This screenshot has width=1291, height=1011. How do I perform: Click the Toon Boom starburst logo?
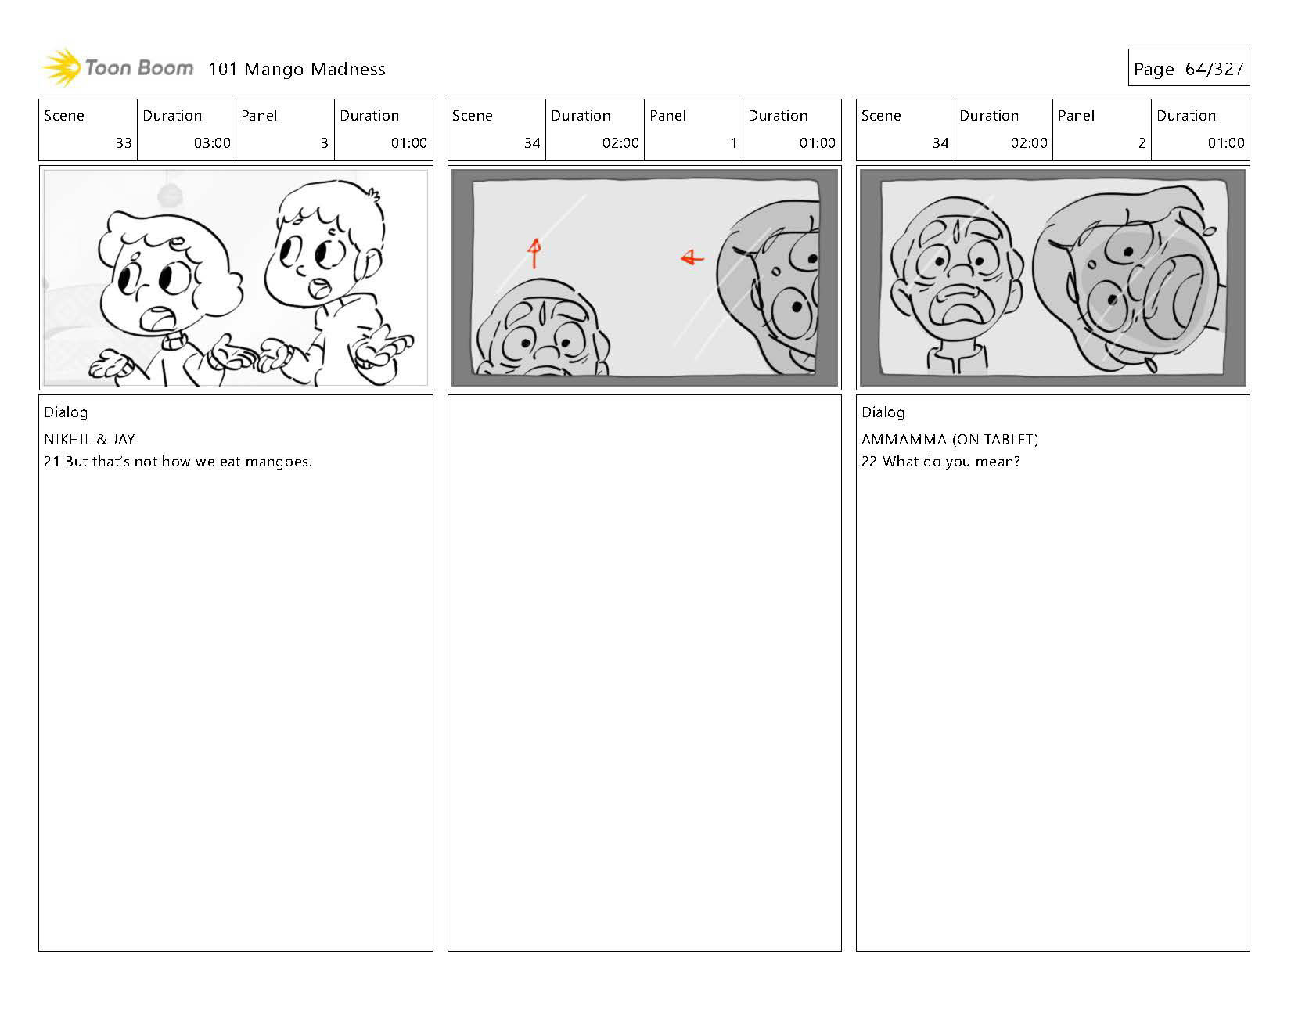point(62,67)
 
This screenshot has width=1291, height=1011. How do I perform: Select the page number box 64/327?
point(1189,67)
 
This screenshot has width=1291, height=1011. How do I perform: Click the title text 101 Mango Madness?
point(297,69)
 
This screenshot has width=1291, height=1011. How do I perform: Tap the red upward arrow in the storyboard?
point(534,253)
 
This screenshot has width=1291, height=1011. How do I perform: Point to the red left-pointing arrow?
point(692,257)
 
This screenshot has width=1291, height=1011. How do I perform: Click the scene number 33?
point(124,143)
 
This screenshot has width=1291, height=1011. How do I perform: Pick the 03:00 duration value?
point(212,143)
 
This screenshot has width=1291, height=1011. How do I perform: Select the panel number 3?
point(325,143)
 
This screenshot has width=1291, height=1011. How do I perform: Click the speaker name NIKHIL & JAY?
point(89,440)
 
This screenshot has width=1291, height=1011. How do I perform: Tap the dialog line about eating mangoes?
point(178,462)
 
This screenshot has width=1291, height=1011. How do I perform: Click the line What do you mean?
point(940,462)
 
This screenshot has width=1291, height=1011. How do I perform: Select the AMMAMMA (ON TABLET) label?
point(949,440)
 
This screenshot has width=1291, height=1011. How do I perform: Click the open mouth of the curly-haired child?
point(159,318)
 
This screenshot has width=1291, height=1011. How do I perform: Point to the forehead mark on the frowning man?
point(957,228)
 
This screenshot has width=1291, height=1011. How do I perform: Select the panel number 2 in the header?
point(1142,143)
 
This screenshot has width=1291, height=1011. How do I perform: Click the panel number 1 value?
point(734,143)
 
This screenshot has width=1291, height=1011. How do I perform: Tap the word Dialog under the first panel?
point(66,413)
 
